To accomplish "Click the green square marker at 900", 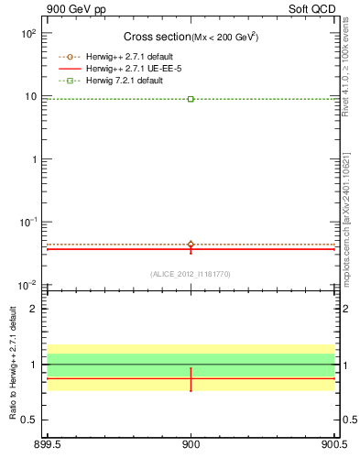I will [191, 99].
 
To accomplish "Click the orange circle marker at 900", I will [191, 245].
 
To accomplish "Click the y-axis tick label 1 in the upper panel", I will [34, 159].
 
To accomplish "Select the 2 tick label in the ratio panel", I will [36, 309].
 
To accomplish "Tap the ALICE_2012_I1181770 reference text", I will [191, 274].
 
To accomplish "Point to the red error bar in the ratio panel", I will [191, 379].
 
